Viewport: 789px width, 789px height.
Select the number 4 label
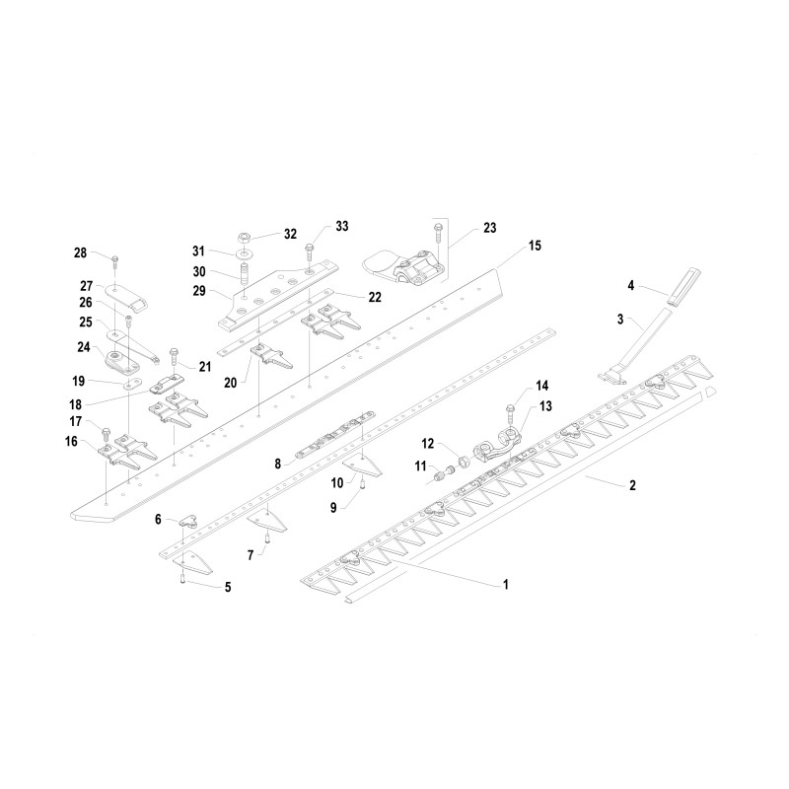(x=629, y=287)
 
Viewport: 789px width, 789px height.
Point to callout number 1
(x=506, y=584)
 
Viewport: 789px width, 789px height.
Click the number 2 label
(x=631, y=485)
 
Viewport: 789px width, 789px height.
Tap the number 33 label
(x=341, y=226)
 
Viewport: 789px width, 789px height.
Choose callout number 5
(x=228, y=587)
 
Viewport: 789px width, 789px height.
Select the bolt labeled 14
(x=509, y=405)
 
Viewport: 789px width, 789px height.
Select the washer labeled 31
(x=243, y=252)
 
